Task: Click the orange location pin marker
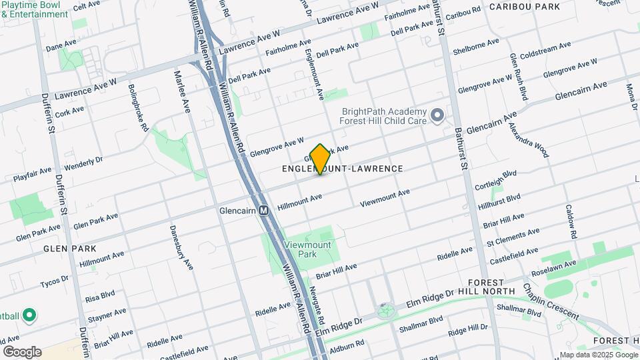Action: point(320,159)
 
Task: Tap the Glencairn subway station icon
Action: point(264,211)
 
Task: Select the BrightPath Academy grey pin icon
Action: point(437,117)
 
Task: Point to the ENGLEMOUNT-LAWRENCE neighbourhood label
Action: point(342,169)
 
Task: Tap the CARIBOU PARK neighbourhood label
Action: point(524,7)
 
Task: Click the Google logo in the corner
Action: point(21,351)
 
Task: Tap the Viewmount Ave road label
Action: point(385,197)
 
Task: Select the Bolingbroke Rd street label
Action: point(137,107)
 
